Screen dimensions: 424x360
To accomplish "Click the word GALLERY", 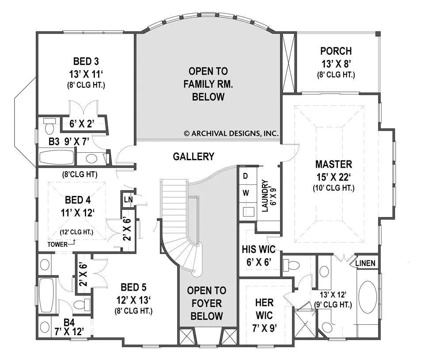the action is point(193,156).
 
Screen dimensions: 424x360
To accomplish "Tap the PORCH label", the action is point(336,51).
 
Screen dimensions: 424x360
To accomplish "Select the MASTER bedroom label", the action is point(334,164).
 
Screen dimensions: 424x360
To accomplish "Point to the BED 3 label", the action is point(86,61).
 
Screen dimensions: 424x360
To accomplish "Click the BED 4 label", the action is point(78,200).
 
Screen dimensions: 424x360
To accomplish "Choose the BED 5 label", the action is point(133,287).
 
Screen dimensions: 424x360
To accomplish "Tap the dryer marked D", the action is point(246,176).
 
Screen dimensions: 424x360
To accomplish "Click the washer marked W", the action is point(246,193).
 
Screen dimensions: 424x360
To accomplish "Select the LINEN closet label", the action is point(365,263).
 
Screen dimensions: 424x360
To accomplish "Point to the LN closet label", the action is point(128,199).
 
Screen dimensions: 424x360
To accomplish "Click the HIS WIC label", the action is point(259,249).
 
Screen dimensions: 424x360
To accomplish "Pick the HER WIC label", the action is point(264,309).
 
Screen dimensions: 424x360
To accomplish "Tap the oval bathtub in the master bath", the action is point(368,297).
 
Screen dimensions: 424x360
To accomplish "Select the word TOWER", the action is point(57,244).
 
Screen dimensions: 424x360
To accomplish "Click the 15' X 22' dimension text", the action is point(334,177).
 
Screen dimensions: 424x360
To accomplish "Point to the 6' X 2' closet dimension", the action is point(82,124).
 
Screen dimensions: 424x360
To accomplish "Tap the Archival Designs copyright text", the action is point(231,133).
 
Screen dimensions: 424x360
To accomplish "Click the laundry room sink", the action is point(248,212).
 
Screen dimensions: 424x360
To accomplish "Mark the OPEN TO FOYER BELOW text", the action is point(207,303).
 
